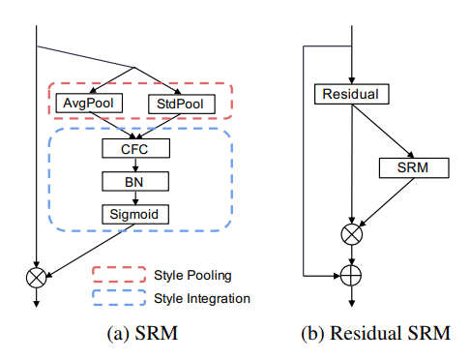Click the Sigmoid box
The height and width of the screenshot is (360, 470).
pyautogui.click(x=134, y=213)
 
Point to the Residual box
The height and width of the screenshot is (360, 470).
pyautogui.click(x=352, y=94)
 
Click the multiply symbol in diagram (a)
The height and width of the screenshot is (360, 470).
pyautogui.click(x=37, y=277)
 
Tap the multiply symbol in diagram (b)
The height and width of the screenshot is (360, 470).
pyautogui.click(x=353, y=233)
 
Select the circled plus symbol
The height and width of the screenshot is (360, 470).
pyautogui.click(x=353, y=276)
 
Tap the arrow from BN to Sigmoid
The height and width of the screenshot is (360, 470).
pyautogui.click(x=134, y=196)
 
